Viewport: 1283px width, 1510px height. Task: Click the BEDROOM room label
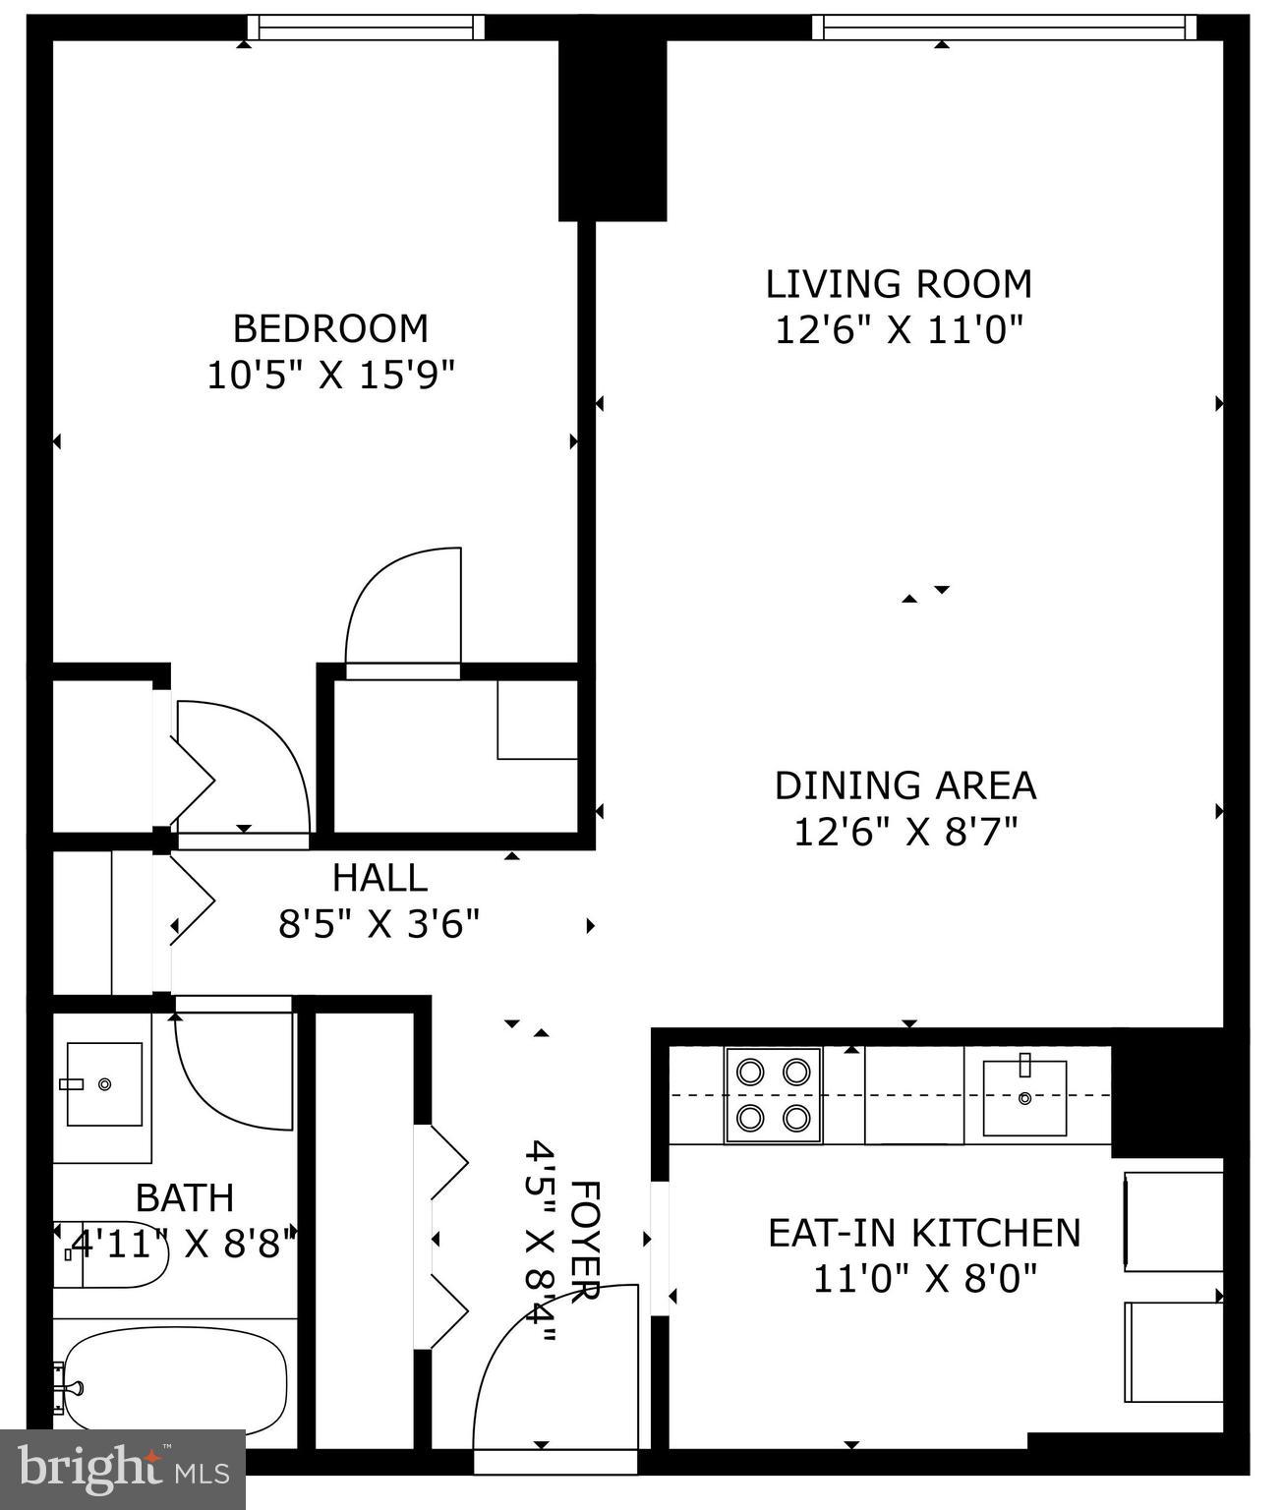(x=330, y=327)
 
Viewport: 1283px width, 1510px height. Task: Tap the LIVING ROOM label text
(x=899, y=284)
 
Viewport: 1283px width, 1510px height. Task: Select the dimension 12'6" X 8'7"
(x=904, y=832)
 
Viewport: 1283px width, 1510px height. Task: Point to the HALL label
(x=379, y=877)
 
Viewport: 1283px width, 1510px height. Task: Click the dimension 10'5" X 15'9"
(x=330, y=375)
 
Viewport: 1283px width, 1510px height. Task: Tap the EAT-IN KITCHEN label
(x=923, y=1232)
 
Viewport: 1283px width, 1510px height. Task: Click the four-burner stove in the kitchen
(x=774, y=1094)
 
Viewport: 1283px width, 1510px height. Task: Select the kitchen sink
(x=1024, y=1097)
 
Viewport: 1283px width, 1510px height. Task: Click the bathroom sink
(x=103, y=1083)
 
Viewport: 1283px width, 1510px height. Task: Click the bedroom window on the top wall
(x=365, y=28)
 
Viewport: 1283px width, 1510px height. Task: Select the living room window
(x=1004, y=28)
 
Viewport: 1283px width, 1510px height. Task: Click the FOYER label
(x=583, y=1241)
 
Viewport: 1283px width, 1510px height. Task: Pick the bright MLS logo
(x=122, y=1469)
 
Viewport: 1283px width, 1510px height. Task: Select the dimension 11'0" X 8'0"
(x=924, y=1279)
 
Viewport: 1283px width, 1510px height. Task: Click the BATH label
(x=185, y=1197)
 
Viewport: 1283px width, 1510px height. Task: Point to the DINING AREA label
(x=904, y=785)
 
